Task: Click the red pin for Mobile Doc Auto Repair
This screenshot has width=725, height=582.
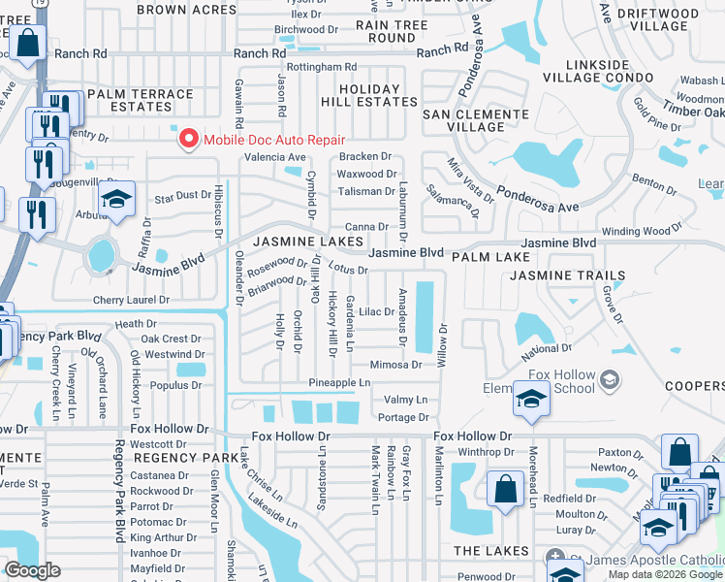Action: coord(187,140)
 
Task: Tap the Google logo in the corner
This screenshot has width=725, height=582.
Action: coord(32,570)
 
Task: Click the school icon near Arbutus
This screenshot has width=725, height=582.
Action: coord(117,202)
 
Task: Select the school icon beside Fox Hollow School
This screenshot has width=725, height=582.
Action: coord(531,400)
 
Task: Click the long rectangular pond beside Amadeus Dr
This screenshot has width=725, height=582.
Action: coord(424,316)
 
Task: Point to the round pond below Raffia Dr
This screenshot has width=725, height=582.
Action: coord(100,256)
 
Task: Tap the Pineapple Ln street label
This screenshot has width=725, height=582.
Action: coord(339,383)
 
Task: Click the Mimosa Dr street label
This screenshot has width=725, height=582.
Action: coord(395,365)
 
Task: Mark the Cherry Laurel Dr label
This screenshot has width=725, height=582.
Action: coord(131,301)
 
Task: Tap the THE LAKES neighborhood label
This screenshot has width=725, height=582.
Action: coord(490,551)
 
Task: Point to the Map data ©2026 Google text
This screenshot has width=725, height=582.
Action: coord(664,574)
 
